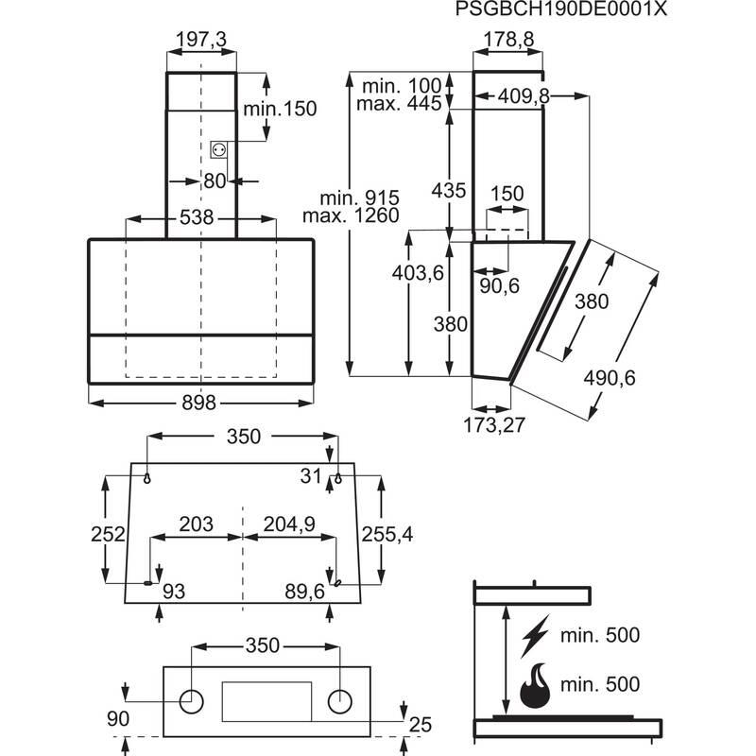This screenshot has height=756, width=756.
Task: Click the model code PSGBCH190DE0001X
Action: tap(561, 12)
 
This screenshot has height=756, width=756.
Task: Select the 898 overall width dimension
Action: tap(199, 403)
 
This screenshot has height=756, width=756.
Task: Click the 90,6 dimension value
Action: tap(500, 286)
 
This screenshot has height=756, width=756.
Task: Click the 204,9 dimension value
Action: tap(287, 524)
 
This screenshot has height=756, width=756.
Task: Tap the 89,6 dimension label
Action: tap(304, 592)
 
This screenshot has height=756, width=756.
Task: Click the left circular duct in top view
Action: tap(193, 700)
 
